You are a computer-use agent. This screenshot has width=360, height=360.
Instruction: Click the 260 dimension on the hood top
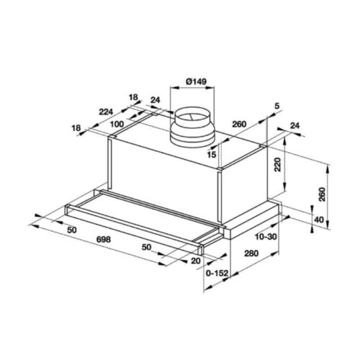tap(239, 125)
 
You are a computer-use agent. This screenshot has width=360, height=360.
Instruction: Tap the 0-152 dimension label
tap(217, 274)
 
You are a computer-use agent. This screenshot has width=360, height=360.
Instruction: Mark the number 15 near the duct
tap(212, 154)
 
